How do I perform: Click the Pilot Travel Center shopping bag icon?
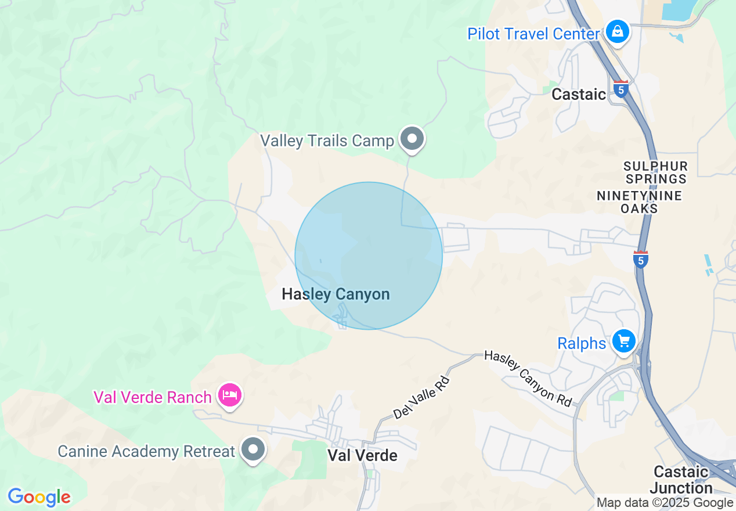(618, 31)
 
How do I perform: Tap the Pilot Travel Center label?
(533, 34)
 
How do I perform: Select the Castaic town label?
(578, 94)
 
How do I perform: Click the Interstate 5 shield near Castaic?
(621, 89)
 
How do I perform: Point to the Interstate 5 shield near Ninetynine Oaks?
(640, 259)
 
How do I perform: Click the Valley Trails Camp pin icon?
(413, 139)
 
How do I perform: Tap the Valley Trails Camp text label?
(327, 141)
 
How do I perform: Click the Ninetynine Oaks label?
(639, 202)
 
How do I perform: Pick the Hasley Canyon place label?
(335, 294)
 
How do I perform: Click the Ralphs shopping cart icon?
(624, 341)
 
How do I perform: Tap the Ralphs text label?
(582, 343)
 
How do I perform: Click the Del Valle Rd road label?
(421, 397)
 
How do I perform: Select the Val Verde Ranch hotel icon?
(230, 395)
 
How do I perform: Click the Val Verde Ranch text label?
(152, 398)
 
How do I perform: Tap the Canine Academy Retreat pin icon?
(254, 449)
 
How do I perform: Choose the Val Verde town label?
(363, 455)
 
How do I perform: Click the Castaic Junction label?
(681, 479)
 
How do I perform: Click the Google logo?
(39, 497)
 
